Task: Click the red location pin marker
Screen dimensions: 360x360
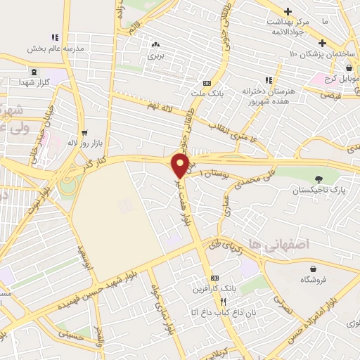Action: [180, 165]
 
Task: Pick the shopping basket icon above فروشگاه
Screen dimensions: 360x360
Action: [313, 268]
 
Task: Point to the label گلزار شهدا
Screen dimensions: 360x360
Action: [34, 82]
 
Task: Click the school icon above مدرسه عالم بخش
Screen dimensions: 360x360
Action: [54, 38]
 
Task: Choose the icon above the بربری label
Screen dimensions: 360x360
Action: [155, 44]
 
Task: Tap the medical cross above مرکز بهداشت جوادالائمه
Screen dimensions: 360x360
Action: [288, 12]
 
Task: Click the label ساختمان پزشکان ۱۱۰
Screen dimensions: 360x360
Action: [314, 55]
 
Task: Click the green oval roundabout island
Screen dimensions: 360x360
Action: [69, 187]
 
